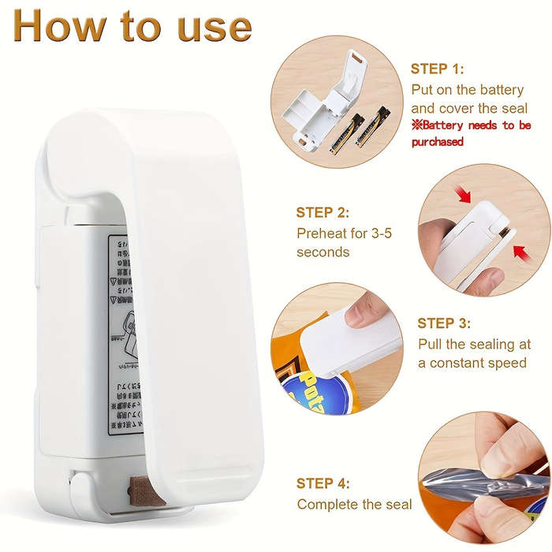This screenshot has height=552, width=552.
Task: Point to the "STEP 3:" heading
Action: coord(444,323)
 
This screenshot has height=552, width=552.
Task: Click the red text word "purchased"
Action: coord(437,142)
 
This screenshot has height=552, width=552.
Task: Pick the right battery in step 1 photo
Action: coord(372,127)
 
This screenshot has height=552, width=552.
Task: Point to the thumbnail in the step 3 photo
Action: coord(364,311)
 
